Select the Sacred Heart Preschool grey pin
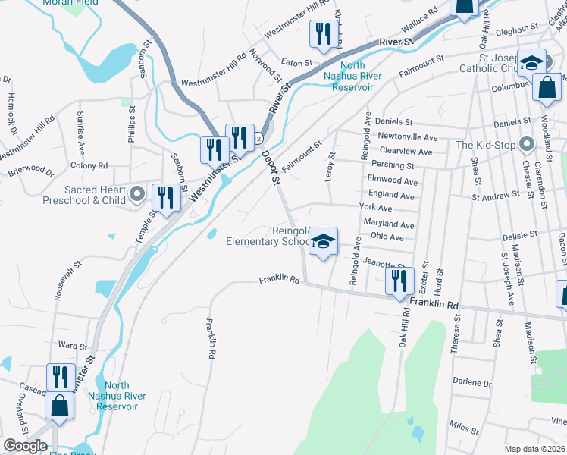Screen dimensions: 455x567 pos(136,194)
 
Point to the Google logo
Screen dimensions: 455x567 pos(25,446)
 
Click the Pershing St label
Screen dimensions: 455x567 pos(397,165)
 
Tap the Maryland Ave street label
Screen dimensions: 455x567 pos(389,225)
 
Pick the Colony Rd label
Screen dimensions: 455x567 pos(89,165)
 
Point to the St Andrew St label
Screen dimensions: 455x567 pos(497,196)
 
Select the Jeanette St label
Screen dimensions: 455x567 pos(381,262)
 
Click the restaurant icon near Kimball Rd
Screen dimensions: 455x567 pos(324,33)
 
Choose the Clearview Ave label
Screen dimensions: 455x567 pos(406,152)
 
